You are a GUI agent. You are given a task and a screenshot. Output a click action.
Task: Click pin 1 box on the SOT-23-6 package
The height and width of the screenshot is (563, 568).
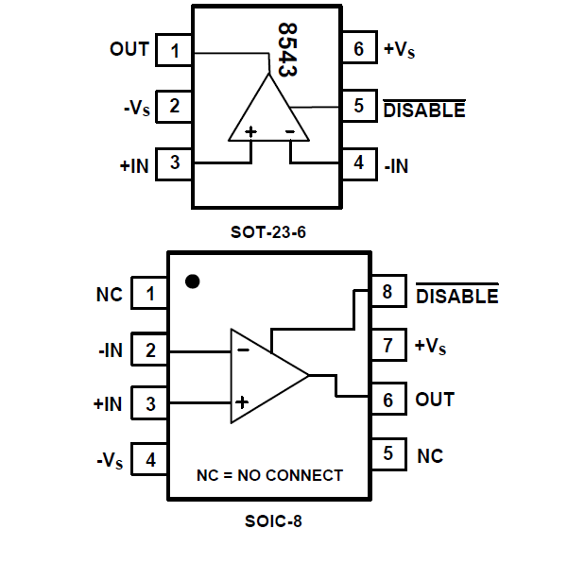tap(175, 49)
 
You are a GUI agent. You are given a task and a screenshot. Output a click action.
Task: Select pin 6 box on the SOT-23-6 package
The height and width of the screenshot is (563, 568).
tap(359, 49)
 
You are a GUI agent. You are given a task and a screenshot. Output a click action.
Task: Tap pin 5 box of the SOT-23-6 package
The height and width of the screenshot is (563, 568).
tap(359, 106)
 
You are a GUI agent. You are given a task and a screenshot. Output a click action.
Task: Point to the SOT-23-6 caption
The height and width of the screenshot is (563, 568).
tap(268, 230)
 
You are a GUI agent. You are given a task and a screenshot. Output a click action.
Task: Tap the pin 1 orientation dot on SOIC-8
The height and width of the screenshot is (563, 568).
tap(193, 281)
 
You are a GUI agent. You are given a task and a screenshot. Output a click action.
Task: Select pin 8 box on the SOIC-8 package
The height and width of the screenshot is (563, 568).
tap(387, 293)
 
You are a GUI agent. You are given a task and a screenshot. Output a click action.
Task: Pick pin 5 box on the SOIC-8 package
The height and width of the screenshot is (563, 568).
tap(387, 454)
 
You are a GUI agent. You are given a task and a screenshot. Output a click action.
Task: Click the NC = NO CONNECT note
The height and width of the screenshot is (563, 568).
tap(269, 475)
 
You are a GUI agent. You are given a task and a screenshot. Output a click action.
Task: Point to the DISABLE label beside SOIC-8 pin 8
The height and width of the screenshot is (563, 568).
tap(456, 296)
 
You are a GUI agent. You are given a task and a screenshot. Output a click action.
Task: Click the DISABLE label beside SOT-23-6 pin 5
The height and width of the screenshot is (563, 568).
tap(423, 110)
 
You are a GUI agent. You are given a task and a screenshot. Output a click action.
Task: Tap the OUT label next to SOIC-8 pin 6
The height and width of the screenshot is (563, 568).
tap(435, 400)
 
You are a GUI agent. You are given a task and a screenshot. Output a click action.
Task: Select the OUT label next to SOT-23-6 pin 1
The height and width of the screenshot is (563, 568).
tap(129, 49)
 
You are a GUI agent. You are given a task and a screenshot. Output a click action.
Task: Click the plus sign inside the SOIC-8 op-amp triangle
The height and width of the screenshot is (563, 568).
tap(243, 402)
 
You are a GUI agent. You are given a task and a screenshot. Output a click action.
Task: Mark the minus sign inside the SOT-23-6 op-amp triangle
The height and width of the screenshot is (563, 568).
tap(290, 130)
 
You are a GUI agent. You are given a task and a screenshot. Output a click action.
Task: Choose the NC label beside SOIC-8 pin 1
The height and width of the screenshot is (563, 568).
tap(110, 295)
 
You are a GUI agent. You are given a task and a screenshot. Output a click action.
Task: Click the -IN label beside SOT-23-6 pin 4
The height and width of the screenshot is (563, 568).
tap(397, 165)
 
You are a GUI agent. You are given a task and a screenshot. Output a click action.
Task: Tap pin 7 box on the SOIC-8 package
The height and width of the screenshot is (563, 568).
tap(387, 347)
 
